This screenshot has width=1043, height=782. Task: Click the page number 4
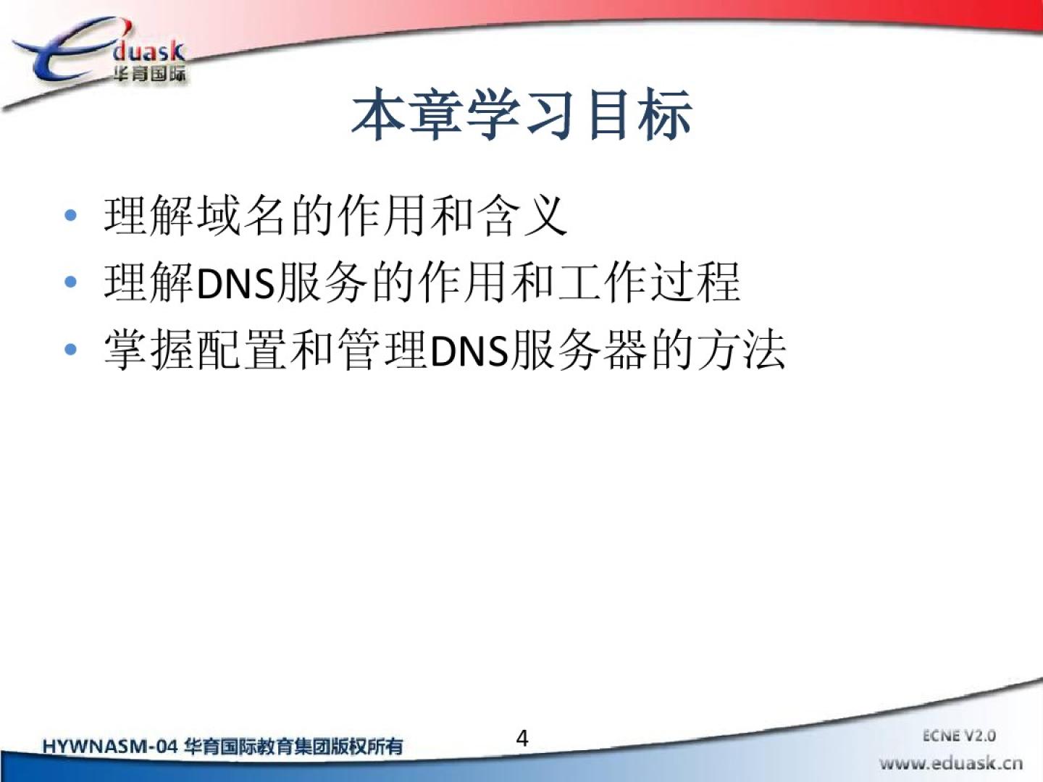pos(522,739)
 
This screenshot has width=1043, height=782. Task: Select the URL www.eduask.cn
pos(951,763)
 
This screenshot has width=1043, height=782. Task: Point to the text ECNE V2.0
pos(959,736)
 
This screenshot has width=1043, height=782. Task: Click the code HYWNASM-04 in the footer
pos(110,747)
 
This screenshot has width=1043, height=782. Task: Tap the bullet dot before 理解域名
pos(70,215)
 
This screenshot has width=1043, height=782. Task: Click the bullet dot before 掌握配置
pos(70,350)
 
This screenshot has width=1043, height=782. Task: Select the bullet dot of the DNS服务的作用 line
pos(70,282)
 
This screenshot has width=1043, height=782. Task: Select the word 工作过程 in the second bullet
pos(649,283)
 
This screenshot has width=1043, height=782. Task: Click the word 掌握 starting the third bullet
pos(148,350)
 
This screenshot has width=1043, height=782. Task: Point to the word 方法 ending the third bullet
pos(741,350)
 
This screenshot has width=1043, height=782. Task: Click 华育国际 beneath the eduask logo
pos(149,74)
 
